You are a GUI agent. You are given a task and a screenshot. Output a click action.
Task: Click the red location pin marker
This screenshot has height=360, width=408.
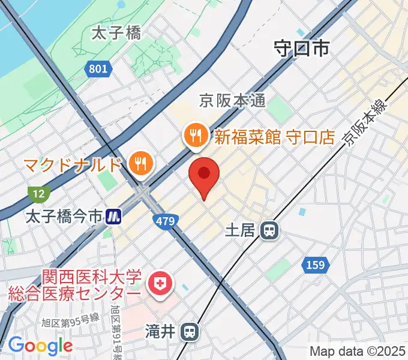click(204, 174)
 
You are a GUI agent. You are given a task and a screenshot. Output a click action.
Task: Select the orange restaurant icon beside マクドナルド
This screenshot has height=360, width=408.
click(142, 163)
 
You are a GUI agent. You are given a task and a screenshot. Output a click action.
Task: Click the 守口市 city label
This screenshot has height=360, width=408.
click(302, 48)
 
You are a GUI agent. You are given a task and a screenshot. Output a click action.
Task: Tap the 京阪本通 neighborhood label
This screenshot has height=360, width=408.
click(233, 101)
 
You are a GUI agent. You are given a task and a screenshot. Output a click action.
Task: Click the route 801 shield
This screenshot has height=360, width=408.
click(97, 69)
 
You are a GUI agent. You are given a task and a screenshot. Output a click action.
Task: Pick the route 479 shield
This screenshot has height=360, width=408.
click(165, 222)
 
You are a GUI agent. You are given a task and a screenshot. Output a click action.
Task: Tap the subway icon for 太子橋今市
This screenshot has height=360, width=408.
click(112, 217)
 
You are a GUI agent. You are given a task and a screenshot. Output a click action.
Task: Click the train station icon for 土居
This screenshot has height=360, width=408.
click(270, 229)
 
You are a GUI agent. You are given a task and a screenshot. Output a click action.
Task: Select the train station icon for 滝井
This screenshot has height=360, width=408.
click(191, 331)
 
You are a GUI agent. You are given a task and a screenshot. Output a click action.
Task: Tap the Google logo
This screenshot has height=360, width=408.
click(40, 346)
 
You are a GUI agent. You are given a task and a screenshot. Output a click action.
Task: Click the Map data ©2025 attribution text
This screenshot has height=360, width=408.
click(358, 351)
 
